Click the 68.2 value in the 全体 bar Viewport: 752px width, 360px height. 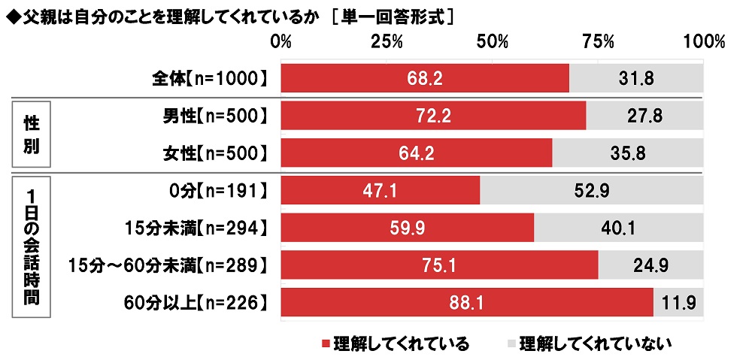click(x=425, y=78)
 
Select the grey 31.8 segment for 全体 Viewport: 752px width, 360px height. click(x=636, y=78)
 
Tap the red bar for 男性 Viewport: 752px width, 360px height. click(x=433, y=116)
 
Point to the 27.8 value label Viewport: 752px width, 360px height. click(x=644, y=116)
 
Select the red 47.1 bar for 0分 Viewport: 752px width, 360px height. click(x=380, y=190)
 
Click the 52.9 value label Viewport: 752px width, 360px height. click(x=592, y=190)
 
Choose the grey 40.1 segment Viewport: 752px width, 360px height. click(x=618, y=227)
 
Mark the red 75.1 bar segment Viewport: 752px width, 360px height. click(x=439, y=265)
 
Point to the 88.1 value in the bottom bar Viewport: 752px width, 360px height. click(x=467, y=302)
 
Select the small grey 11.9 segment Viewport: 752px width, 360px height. click(x=678, y=302)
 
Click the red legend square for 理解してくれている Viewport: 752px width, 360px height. click(x=326, y=344)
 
